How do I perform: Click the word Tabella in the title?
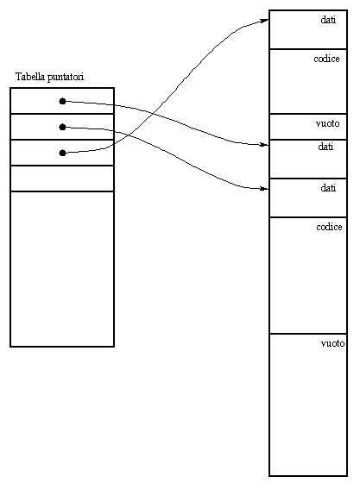(x=30, y=77)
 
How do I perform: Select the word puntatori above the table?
(x=66, y=77)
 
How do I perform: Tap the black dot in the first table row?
(x=62, y=101)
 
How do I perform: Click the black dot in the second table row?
(x=62, y=127)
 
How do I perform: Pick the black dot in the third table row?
(x=62, y=153)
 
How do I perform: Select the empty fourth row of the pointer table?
(x=62, y=179)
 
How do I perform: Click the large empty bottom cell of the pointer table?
(x=62, y=269)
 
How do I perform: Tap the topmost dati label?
(x=328, y=20)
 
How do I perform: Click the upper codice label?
(x=326, y=59)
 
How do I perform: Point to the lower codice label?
(x=329, y=227)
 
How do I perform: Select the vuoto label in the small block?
(x=327, y=124)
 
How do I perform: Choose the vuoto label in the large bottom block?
(x=333, y=343)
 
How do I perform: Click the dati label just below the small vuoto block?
(x=325, y=147)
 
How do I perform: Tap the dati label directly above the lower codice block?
(x=328, y=188)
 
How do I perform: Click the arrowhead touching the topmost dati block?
(x=265, y=21)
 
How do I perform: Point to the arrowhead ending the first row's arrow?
(x=265, y=144)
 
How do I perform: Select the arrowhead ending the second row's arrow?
(x=265, y=188)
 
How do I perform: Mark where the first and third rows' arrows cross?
(x=151, y=113)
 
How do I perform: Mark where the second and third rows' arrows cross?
(x=129, y=135)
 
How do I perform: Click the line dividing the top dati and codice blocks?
(x=308, y=49)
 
